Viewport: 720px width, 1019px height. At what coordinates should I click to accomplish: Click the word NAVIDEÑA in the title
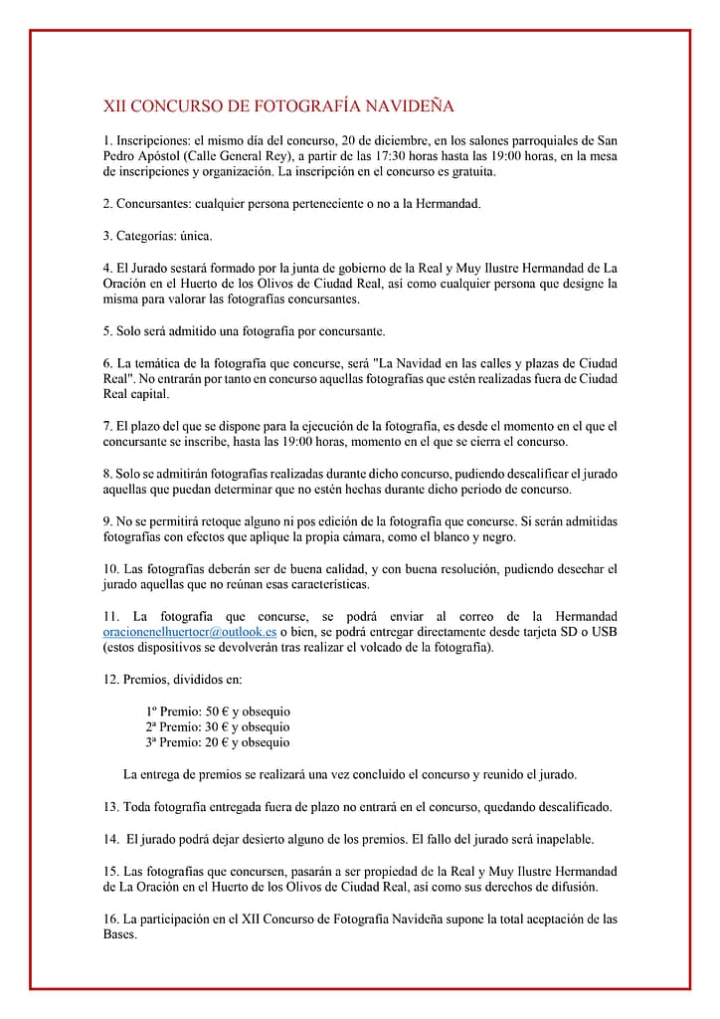click(409, 106)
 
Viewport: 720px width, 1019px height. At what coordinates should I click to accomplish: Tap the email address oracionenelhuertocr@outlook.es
click(190, 632)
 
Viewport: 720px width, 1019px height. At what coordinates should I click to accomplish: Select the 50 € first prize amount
click(216, 712)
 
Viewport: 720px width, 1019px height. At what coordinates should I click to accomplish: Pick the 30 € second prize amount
click(216, 727)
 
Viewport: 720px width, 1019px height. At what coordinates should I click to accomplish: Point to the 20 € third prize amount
click(216, 742)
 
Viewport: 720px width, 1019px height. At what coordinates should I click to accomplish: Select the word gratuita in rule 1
click(472, 172)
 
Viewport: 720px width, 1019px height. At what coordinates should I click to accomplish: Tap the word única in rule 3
click(196, 236)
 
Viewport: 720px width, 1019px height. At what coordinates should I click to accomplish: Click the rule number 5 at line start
click(107, 330)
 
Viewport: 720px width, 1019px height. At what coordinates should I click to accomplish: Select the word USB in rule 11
click(604, 632)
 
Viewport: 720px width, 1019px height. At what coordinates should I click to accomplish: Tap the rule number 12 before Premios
click(110, 680)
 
